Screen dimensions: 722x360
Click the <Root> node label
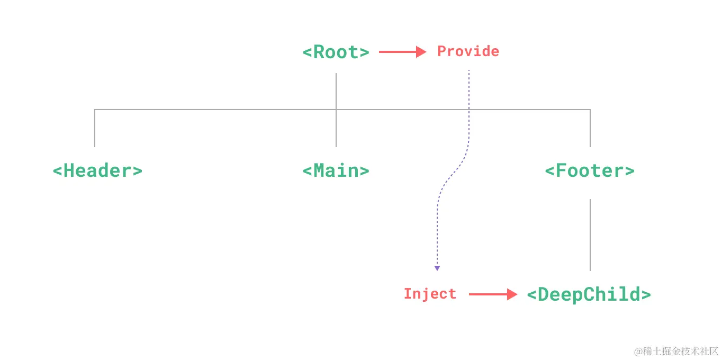(x=336, y=52)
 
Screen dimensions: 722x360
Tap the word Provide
(x=468, y=51)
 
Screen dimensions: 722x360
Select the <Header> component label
(x=97, y=171)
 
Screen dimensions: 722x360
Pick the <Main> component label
(x=336, y=171)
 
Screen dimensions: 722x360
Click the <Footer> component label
(x=590, y=171)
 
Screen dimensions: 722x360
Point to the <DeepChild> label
(x=589, y=294)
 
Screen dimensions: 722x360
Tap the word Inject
(x=430, y=294)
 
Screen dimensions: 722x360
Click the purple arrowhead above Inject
(x=437, y=268)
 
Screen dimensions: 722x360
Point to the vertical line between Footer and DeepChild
(x=590, y=235)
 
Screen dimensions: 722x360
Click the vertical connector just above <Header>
(x=95, y=130)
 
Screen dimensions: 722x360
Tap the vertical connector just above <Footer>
(x=590, y=130)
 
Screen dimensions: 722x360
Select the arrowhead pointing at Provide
(x=421, y=52)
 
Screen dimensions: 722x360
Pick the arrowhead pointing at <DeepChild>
(x=512, y=294)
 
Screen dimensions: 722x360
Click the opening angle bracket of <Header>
(x=57, y=171)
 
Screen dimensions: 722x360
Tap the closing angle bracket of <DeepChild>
(x=646, y=294)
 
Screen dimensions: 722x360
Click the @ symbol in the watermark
(x=638, y=351)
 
